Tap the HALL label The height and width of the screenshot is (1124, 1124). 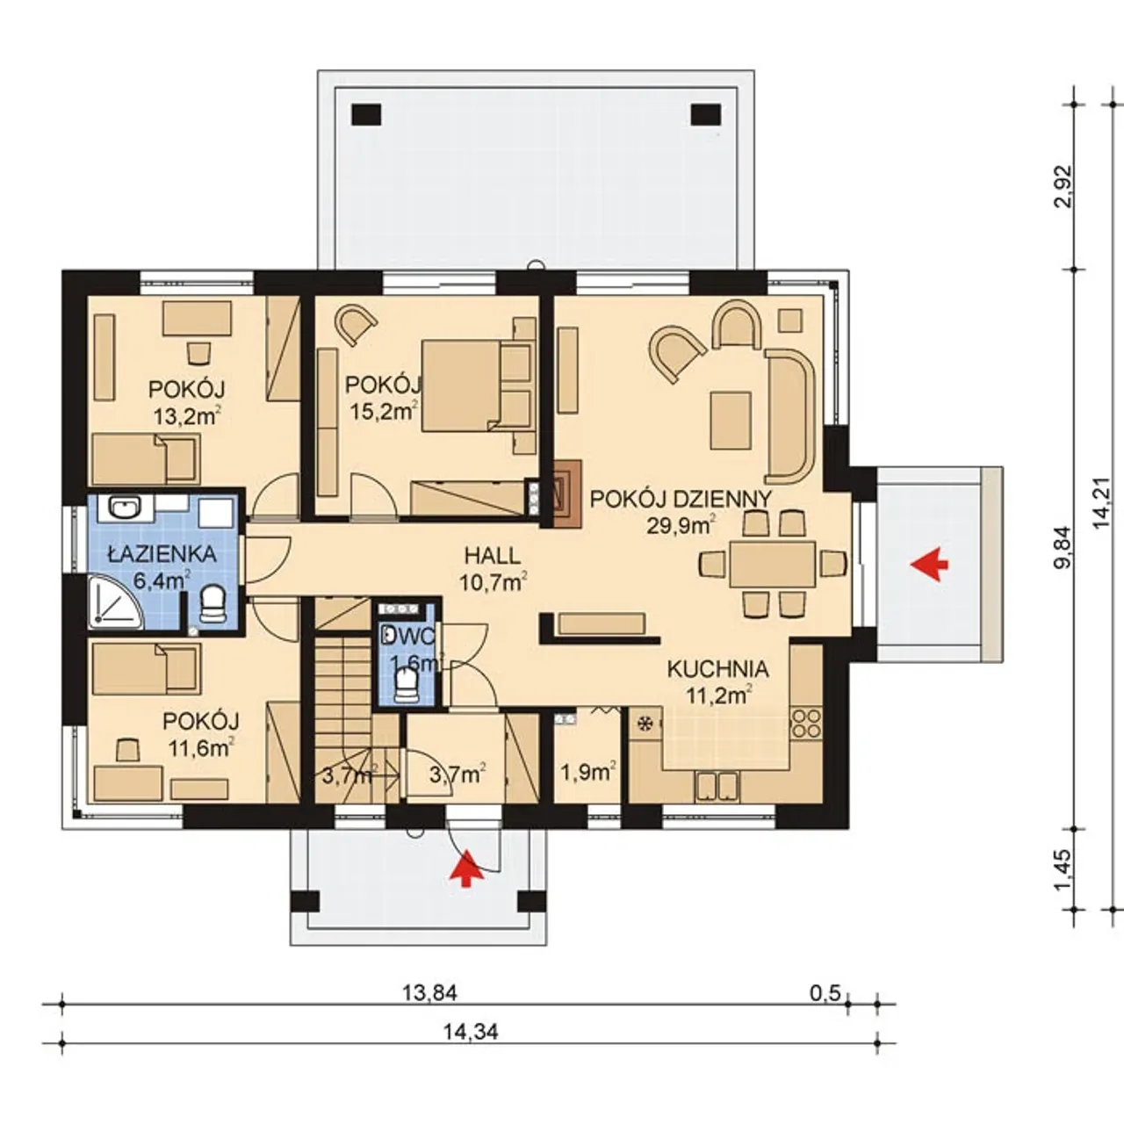point(493,556)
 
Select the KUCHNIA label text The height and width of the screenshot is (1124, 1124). point(717,669)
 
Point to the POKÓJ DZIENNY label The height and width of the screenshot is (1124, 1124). point(681,500)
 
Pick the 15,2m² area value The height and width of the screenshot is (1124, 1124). point(384,411)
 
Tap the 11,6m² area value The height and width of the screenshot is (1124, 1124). point(201,748)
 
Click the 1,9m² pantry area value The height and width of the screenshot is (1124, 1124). point(587,773)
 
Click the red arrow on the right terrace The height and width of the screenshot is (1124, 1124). point(929,564)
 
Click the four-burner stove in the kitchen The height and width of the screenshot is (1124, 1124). point(805,724)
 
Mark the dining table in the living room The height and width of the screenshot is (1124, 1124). point(772,564)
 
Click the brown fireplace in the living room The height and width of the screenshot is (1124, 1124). point(566,494)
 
